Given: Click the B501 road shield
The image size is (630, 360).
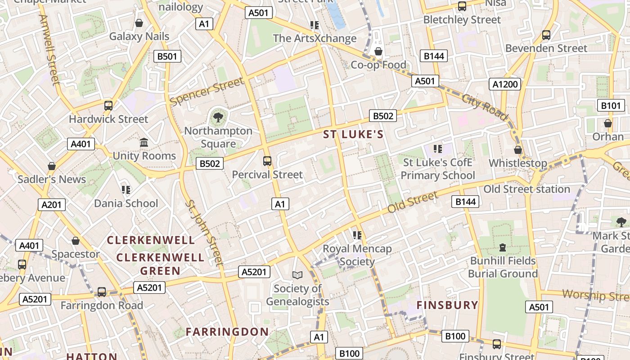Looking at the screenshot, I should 167,56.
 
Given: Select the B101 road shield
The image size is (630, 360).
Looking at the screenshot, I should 611,106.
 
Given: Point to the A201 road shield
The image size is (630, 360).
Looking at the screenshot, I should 51,205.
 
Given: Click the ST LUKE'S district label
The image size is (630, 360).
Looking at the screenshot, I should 353,134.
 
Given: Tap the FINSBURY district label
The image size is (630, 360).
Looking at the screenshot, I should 447,305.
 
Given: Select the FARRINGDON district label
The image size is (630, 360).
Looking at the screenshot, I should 227,332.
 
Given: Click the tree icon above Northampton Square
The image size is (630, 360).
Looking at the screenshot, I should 218,118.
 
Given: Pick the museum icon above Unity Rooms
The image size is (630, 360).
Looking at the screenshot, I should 144,143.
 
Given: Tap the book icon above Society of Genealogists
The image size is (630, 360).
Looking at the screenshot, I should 297,274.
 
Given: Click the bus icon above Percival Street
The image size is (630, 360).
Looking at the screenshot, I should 267,161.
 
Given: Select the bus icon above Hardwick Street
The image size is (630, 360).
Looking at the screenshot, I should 108,106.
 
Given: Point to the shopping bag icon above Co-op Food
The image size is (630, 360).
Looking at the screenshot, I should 378,51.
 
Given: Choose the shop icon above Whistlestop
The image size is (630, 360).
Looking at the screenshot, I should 518,150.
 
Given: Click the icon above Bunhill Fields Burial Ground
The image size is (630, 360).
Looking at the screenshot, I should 503,247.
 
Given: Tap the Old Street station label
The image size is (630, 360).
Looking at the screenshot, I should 526,189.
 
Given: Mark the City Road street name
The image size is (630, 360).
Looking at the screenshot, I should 484,107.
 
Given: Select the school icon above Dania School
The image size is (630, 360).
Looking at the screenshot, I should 126,190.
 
